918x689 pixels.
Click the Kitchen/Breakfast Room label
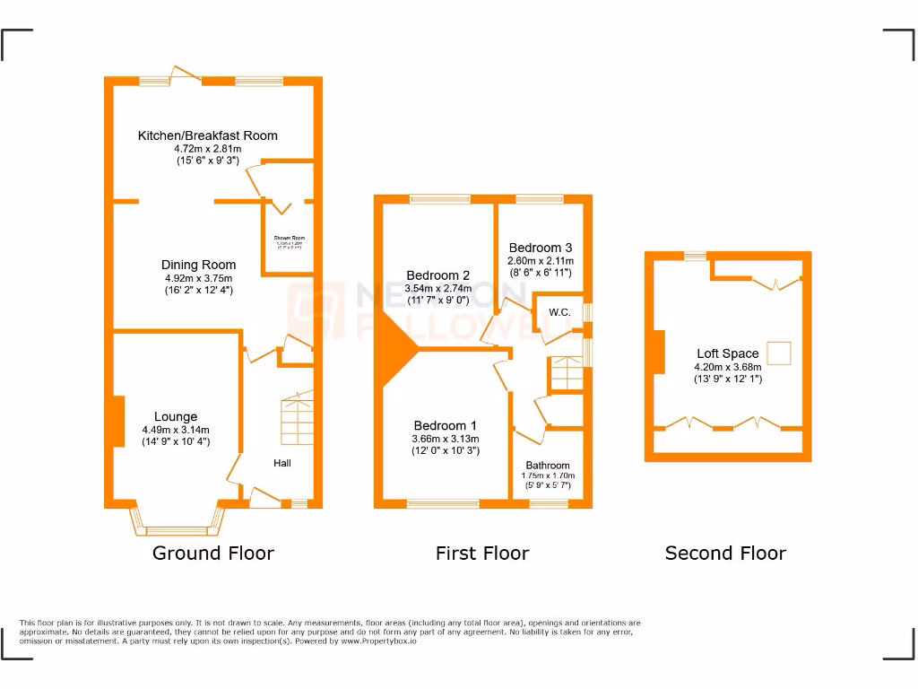pos(207,135)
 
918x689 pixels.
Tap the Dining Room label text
pos(198,265)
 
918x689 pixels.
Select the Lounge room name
pos(176,416)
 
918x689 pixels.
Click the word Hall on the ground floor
pos(282,463)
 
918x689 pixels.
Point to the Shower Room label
pos(289,239)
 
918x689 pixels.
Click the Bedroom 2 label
pos(437,275)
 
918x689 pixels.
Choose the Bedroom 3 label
pos(540,248)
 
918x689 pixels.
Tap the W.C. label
pos(560,312)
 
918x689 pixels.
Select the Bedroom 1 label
pos(445,425)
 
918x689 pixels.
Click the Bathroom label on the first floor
pos(548,466)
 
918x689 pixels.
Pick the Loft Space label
pos(727,353)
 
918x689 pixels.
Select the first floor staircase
pos(566,373)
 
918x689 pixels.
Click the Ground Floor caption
pos(213,553)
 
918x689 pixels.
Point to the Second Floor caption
pos(725,553)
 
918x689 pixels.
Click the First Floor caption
pos(482,553)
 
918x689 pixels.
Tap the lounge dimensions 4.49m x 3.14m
pos(176,430)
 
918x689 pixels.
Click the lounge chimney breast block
pos(118,422)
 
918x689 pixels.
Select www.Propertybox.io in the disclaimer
pos(376,641)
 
